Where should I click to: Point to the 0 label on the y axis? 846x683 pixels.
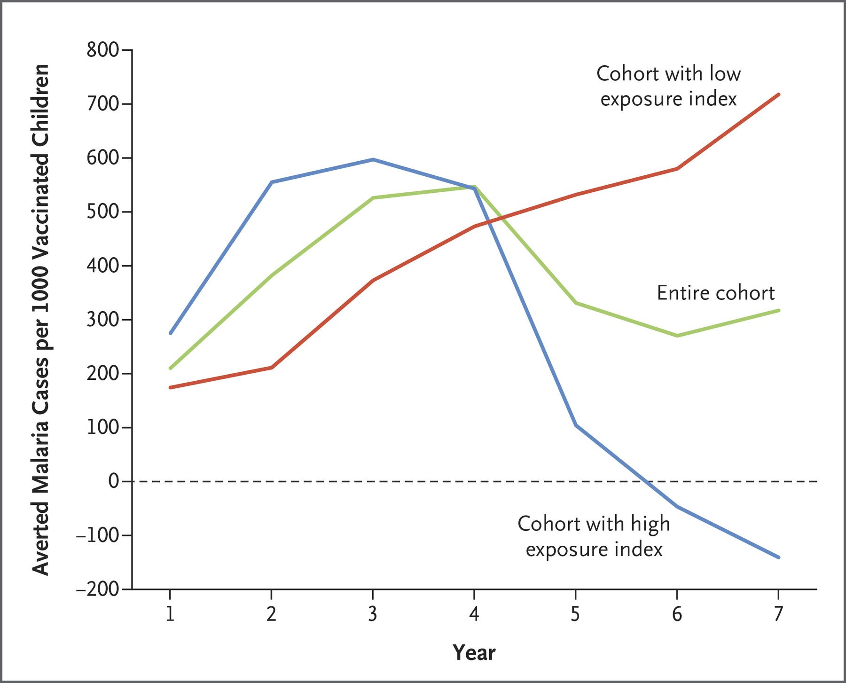(x=113, y=481)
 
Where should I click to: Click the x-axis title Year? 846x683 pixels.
(x=474, y=653)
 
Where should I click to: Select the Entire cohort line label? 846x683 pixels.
(x=715, y=293)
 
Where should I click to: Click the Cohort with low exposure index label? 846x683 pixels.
(x=668, y=86)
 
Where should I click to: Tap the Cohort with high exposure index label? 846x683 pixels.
(x=594, y=536)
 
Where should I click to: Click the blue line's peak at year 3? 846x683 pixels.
(x=373, y=160)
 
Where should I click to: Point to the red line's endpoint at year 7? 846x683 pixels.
(x=779, y=94)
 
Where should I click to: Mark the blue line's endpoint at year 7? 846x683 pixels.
(x=779, y=557)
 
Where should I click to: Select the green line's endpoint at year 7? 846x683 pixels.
(x=779, y=310)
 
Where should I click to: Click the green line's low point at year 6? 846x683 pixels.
(x=677, y=336)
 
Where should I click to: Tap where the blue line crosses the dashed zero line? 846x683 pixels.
(x=647, y=481)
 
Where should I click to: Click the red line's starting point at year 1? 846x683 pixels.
(x=170, y=387)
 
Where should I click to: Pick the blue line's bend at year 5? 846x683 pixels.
(x=575, y=425)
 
